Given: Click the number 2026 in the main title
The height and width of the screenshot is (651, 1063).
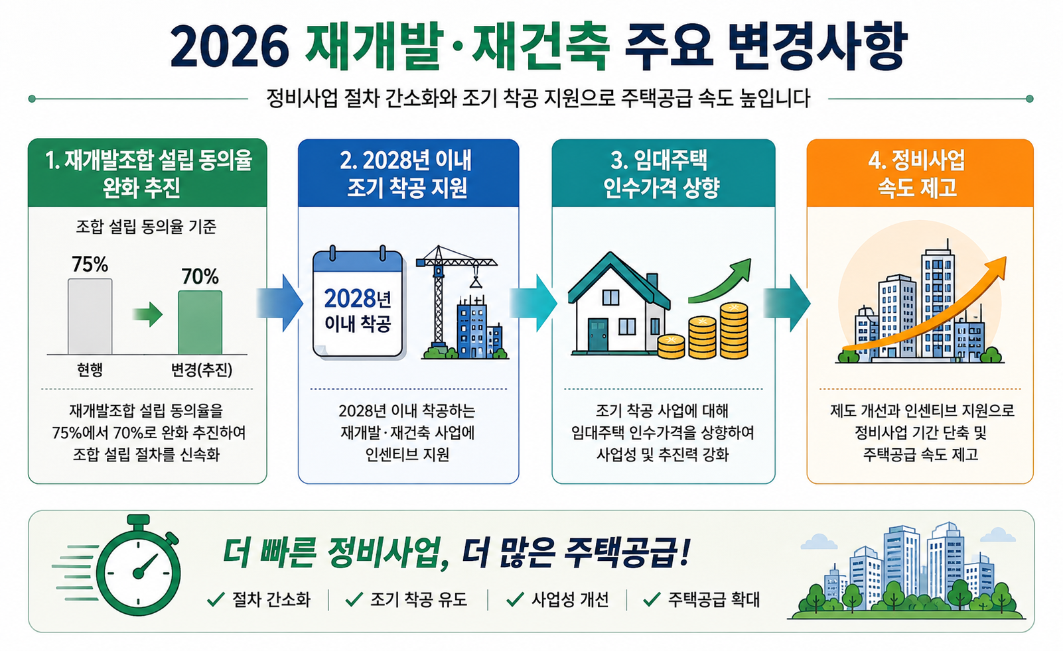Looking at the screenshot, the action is [x=229, y=46].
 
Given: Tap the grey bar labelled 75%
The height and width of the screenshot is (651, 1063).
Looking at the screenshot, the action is [x=90, y=316].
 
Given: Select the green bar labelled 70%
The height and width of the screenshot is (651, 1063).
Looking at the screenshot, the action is [x=200, y=322].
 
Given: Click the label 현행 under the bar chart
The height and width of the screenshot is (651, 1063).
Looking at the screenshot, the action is [x=90, y=369].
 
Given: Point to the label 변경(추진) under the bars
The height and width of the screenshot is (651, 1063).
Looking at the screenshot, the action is [x=202, y=369].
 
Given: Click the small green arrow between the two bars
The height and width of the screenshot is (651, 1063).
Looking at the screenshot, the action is [x=147, y=314].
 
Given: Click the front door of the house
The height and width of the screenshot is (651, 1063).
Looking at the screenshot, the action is [x=598, y=335].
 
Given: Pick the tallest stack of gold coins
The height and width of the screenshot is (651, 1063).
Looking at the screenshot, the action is [x=734, y=331].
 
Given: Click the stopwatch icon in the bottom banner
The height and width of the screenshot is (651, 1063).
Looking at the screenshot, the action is [x=138, y=565].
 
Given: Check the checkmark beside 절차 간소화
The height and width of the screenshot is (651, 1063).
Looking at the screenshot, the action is [x=216, y=600].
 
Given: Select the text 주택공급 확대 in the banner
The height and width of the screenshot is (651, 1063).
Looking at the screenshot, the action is [x=714, y=600].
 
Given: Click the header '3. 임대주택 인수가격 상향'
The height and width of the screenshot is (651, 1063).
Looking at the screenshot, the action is [x=663, y=174].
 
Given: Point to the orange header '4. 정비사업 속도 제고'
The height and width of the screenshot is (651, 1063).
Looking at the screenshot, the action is [x=920, y=174].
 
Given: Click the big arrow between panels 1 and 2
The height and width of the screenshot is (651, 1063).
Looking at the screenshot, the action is [x=279, y=303].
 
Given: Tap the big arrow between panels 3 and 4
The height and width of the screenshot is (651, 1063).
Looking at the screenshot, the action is [x=787, y=303].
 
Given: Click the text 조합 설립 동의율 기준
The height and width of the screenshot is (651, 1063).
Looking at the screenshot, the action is [x=146, y=227].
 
